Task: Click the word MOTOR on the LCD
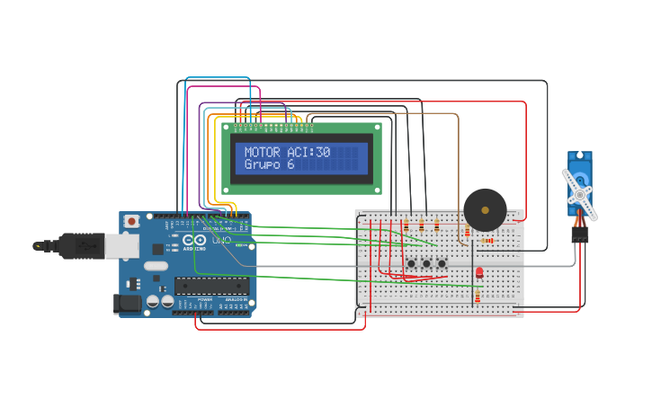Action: click(x=262, y=153)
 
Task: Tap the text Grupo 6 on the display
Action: click(x=269, y=165)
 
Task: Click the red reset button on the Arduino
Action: click(x=132, y=221)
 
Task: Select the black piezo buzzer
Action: click(x=485, y=210)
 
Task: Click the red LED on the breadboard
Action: click(x=478, y=271)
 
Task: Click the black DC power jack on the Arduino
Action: click(x=129, y=304)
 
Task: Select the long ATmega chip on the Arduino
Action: click(x=211, y=286)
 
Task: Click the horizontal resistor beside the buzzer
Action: click(x=487, y=240)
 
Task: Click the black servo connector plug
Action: click(x=580, y=234)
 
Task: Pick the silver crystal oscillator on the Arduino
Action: click(x=155, y=266)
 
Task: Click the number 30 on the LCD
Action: click(x=323, y=153)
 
